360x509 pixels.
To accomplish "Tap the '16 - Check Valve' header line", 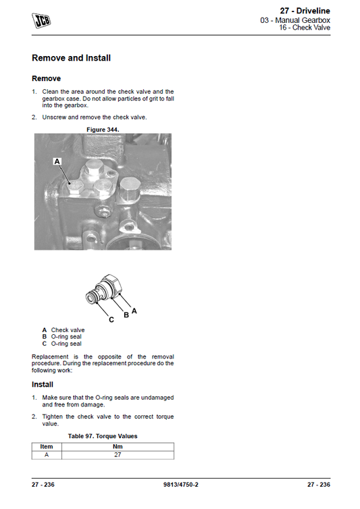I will click(305, 29).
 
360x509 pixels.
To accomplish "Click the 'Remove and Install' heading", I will click(71, 58).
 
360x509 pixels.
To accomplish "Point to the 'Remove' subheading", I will click(46, 78).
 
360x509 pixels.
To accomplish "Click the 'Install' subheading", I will click(43, 385).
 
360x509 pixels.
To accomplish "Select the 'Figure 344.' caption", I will click(103, 128).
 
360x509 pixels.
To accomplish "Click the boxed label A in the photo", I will click(57, 161).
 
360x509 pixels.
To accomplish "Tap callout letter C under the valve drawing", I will click(111, 319).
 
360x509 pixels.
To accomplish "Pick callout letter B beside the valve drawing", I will click(126, 315).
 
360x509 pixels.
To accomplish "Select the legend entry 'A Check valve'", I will click(63, 330).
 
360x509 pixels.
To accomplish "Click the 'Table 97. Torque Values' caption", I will click(103, 436).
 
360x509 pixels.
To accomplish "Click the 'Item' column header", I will click(47, 446).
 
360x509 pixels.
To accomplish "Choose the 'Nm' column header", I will click(117, 446).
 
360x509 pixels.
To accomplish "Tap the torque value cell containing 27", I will click(117, 455).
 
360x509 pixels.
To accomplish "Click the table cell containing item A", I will click(47, 455).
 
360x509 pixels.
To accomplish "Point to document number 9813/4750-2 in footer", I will click(180, 485).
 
